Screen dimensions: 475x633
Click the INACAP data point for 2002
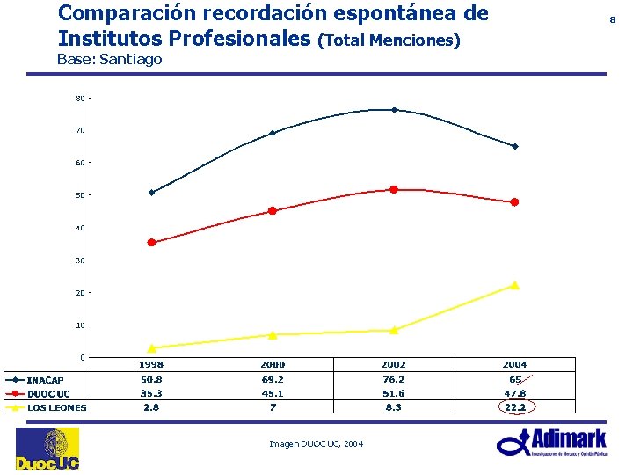point(394,110)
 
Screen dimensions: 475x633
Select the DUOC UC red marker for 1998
point(151,243)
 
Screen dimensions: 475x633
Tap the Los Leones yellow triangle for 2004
point(514,285)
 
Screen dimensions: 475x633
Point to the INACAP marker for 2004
point(514,146)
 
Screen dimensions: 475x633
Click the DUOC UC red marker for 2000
point(273,211)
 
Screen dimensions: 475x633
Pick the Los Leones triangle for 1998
point(151,348)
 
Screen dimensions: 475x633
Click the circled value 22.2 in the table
point(514,407)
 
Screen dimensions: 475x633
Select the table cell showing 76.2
point(393,379)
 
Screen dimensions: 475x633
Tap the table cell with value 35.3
point(150,393)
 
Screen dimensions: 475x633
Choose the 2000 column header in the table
point(272,364)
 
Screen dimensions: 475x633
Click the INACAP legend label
point(45,380)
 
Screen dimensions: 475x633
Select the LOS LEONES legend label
point(56,407)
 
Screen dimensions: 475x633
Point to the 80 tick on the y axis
point(80,99)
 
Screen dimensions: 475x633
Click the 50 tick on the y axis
point(80,195)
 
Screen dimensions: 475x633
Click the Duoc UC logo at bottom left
point(47,449)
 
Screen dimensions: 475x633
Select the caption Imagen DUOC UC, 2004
point(316,443)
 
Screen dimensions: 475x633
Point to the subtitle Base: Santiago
point(109,60)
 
